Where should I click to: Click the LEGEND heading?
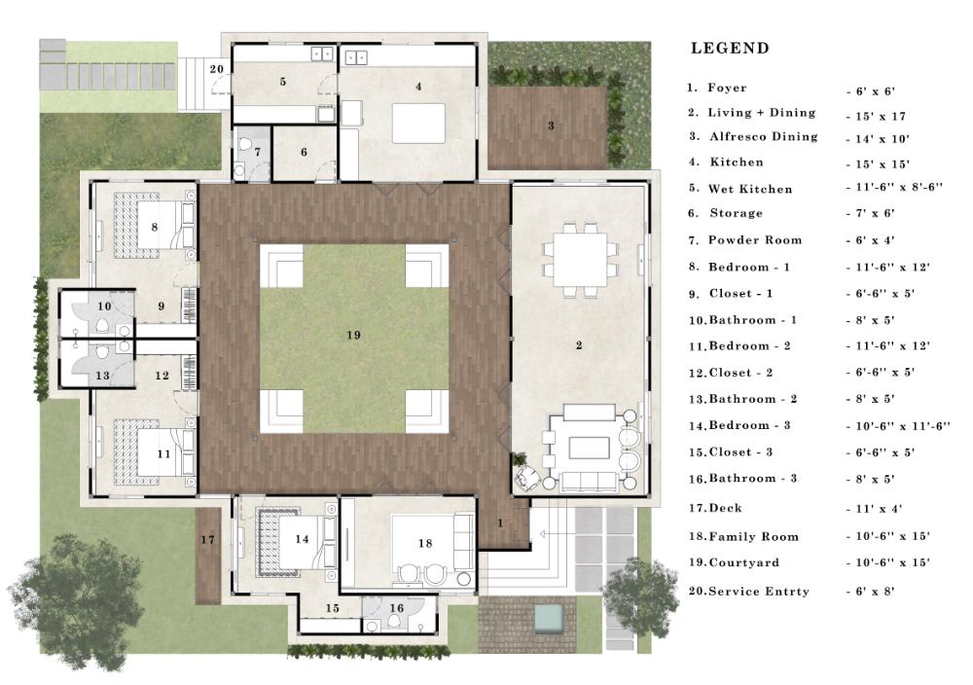730,49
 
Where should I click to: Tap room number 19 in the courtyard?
354,336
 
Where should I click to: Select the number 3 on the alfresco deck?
551,126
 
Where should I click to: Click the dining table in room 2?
580,259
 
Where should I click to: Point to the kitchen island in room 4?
418,124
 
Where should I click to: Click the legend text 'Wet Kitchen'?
750,189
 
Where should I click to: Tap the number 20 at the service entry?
217,69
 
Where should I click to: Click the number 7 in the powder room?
257,152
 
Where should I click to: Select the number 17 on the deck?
207,540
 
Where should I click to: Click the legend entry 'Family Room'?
753,537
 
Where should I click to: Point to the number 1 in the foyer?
500,523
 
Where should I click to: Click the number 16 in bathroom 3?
397,609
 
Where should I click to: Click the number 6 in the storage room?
304,152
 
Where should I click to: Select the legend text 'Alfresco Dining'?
763,136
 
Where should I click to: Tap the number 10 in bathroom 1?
104,306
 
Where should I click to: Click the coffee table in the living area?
589,448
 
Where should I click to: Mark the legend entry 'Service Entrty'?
759,592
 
